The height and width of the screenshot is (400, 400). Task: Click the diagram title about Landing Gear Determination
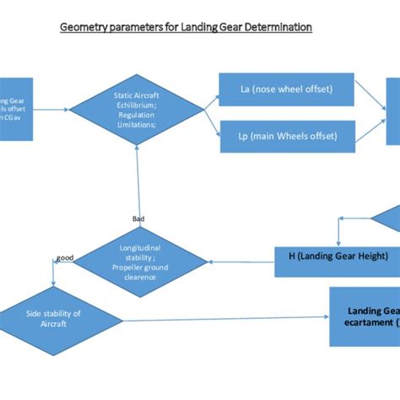tap(186, 27)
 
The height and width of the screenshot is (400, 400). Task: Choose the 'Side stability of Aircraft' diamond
tap(54, 318)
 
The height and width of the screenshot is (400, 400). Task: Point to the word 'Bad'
tap(138, 218)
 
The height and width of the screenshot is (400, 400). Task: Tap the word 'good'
tap(64, 257)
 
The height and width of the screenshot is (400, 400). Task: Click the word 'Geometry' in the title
tap(83, 27)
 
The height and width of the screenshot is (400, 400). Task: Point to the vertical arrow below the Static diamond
tap(138, 181)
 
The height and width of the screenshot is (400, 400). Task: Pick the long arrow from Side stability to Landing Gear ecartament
tap(224, 317)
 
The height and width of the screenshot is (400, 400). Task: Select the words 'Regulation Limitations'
tap(138, 119)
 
